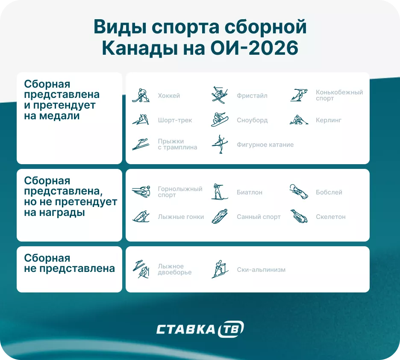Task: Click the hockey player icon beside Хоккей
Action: tap(141, 95)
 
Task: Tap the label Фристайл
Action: tap(252, 96)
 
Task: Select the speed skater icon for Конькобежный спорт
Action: tap(299, 95)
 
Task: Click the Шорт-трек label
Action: tap(175, 120)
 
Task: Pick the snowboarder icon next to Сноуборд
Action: tap(220, 120)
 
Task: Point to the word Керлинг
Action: tap(329, 120)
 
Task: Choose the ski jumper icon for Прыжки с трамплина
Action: tap(141, 144)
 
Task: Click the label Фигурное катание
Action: tap(265, 145)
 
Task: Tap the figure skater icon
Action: tap(220, 144)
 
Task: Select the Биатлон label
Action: tap(250, 192)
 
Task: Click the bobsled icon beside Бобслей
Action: tap(299, 192)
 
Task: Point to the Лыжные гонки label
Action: tap(181, 217)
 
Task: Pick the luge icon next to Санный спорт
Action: tap(220, 216)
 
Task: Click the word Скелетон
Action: tap(331, 217)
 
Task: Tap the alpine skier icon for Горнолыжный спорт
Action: tap(141, 192)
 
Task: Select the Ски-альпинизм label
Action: tap(261, 270)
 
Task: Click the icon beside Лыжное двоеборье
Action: tap(141, 269)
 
